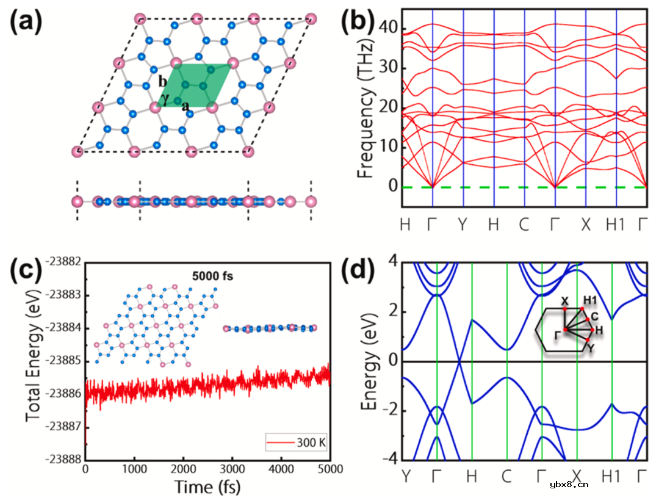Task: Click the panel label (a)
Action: [25, 23]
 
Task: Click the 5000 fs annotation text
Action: [212, 275]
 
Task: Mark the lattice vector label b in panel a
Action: [162, 82]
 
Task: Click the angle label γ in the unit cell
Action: [165, 98]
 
